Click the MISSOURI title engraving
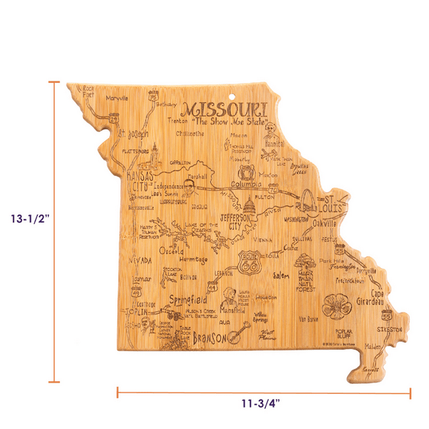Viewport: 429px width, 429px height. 224,111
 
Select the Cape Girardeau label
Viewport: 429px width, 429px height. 376,301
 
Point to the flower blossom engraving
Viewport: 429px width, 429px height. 333,305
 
